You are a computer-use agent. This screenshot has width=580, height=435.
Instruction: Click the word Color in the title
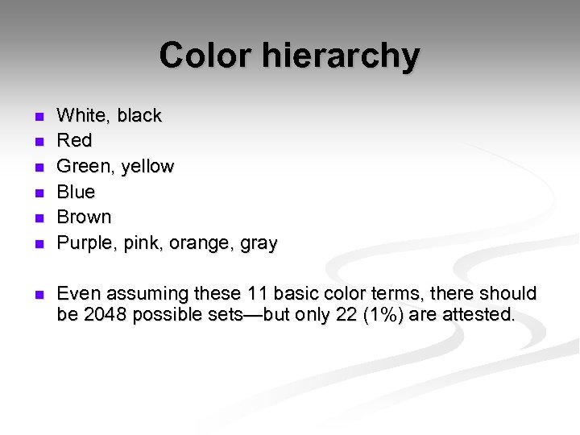tap(205, 56)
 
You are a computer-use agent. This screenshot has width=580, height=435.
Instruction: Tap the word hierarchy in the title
tap(340, 56)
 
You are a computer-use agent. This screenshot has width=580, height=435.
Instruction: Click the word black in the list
tap(139, 115)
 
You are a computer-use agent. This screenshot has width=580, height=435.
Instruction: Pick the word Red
tap(75, 141)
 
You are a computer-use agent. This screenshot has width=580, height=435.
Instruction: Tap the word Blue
tap(77, 192)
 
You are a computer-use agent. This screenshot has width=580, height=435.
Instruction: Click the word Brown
tap(85, 217)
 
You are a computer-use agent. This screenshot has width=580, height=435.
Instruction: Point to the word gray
tap(259, 243)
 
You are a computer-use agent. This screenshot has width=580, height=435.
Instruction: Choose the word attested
tap(480, 314)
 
